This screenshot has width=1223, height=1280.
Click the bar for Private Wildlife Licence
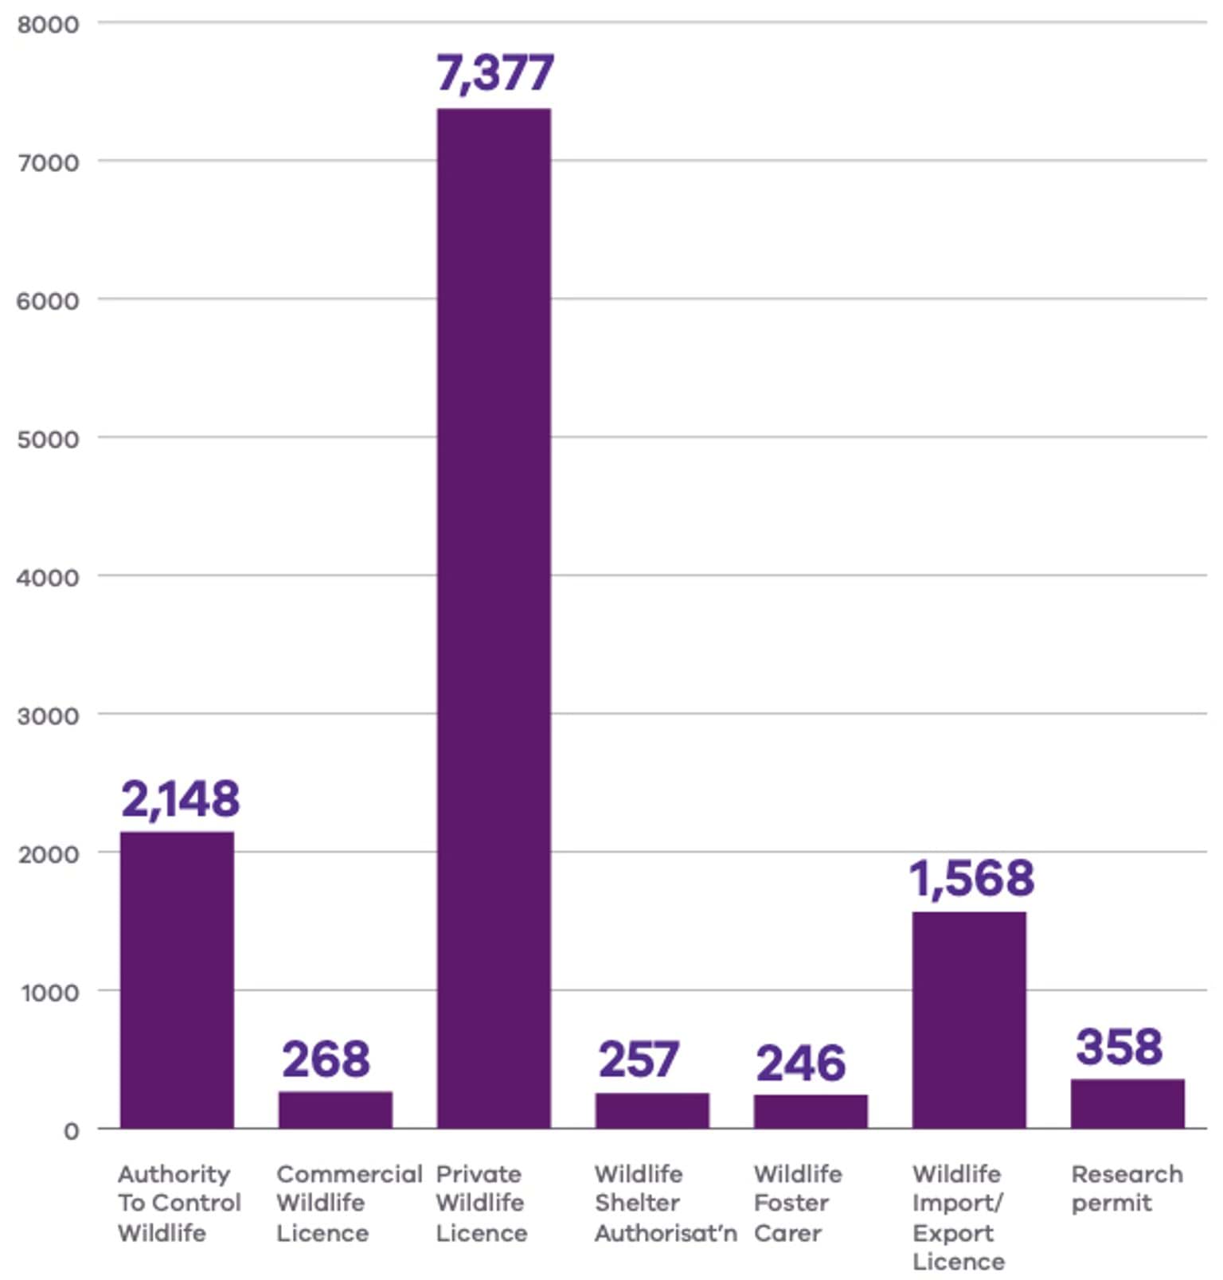pos(494,618)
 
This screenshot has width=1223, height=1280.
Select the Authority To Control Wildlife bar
pos(177,980)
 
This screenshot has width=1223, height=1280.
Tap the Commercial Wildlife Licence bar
pos(335,1110)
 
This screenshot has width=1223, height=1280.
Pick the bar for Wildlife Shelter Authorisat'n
pos(652,1110)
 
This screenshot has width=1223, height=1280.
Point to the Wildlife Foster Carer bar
pos(811,1111)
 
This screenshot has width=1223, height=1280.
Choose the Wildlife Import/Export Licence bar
pos(969,1020)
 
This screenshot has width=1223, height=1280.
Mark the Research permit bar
pos(1127,1103)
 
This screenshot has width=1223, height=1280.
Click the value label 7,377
pos(494,73)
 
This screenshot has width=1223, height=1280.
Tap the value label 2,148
pos(180,798)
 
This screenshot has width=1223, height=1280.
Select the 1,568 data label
pos(971,878)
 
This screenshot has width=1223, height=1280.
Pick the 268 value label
pos(326,1059)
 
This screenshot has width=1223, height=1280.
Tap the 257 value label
pos(639,1060)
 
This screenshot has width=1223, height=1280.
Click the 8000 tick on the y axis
pos(49,24)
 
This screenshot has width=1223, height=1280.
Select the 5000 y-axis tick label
pos(49,439)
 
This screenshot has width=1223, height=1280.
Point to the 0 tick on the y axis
pos(72,1130)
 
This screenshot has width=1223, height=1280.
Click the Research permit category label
pos(1127,1188)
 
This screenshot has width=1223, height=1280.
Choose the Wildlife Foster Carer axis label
pos(797,1203)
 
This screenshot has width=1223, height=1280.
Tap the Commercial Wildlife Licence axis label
pos(349,1203)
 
